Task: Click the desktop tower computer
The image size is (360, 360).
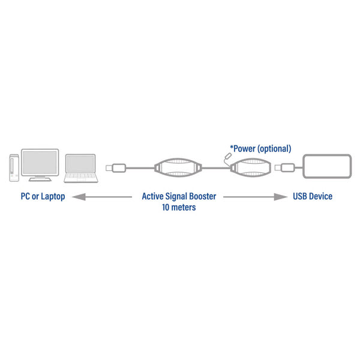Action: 14,168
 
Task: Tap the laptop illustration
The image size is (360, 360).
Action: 81,169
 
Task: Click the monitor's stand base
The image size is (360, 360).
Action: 40,179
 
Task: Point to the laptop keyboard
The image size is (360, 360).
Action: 80,176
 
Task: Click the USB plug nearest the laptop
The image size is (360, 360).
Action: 116,168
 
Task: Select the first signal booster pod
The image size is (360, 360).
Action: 178,168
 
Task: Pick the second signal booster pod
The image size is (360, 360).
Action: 251,168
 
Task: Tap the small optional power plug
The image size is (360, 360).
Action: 228,156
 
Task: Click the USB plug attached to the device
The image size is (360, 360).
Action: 284,167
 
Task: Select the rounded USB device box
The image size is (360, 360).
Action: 327,166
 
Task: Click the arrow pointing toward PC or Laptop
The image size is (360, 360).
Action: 102,197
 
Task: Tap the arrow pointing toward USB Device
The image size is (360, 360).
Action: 255,197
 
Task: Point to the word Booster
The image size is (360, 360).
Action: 203,196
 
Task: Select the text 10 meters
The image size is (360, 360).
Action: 179,208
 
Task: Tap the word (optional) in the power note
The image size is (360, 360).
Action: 274,149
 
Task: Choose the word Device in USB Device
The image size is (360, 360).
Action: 320,196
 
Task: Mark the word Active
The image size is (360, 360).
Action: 152,196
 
